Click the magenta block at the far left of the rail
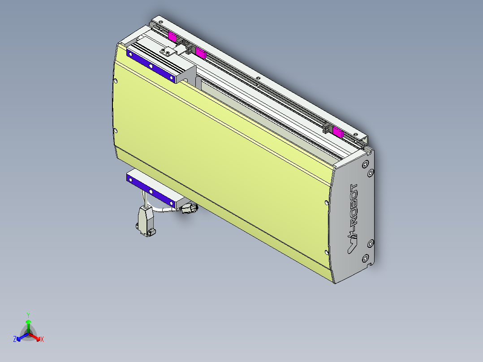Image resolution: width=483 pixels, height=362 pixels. coord(172,37)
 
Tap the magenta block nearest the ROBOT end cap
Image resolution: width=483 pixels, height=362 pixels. coord(337,132)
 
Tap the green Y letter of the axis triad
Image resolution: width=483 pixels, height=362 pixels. coord(28,315)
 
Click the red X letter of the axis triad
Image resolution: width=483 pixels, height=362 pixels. coord(42,340)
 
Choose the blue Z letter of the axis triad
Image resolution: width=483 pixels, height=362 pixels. coord(15,340)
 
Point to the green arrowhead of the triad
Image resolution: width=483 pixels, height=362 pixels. coord(28,322)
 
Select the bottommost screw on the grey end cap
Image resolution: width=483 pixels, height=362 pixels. coord(365,259)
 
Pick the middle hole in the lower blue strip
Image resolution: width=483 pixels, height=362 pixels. coord(151,191)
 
